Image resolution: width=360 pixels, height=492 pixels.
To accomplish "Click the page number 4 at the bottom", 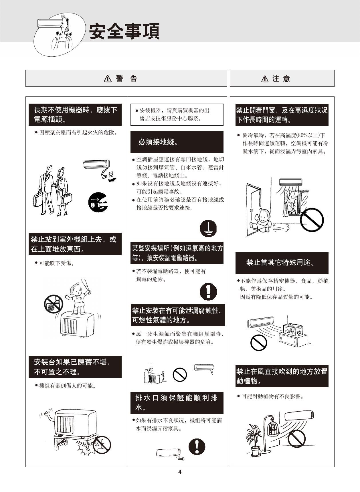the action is [x=180, y=472].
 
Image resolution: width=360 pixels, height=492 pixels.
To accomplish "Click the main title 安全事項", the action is [x=124, y=31].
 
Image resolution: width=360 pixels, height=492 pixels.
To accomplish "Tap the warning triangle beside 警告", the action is [x=108, y=78].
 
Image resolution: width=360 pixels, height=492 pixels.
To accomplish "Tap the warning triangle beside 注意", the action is [x=265, y=78].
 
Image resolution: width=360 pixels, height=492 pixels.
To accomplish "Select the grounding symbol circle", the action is [x=208, y=228].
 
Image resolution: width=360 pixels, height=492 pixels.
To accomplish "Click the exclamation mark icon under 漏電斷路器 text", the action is [x=208, y=292].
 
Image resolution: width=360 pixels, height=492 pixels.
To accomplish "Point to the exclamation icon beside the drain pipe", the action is [x=197, y=446].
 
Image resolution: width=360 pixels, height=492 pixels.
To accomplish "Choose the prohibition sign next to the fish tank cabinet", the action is [x=259, y=342].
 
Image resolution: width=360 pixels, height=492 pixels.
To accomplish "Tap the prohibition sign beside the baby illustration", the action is [x=312, y=220].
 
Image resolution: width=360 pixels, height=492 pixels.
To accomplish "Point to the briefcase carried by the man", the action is [x=37, y=199].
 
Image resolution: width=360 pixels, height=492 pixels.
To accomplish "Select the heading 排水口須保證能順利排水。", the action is [x=176, y=402].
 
